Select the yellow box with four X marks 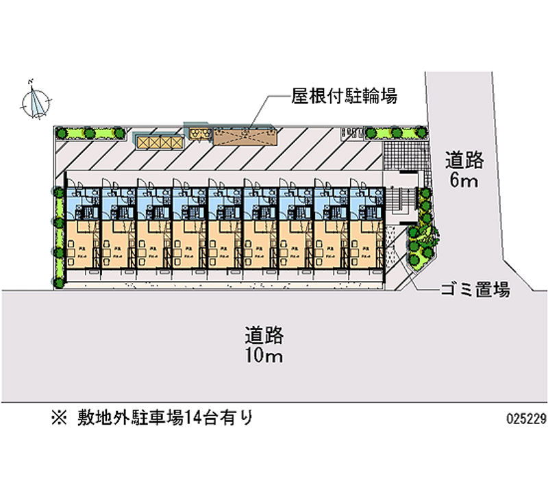click(x=160, y=141)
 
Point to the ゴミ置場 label click(x=475, y=290)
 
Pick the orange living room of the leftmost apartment click(x=82, y=245)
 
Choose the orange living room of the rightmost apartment click(x=366, y=245)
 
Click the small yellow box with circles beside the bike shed click(x=199, y=134)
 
